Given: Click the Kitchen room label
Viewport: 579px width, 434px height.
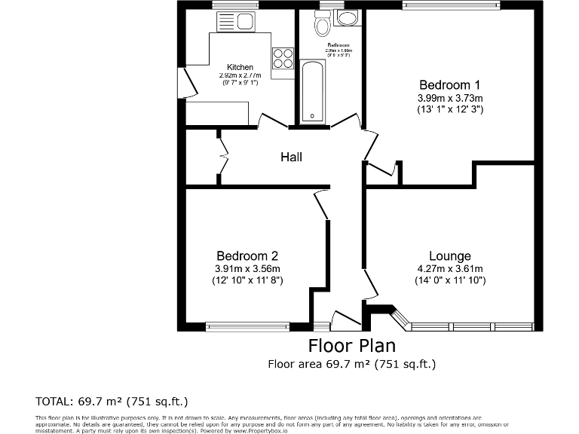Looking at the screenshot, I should point(240,67).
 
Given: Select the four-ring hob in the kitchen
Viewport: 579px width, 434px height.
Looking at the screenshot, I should point(283,58).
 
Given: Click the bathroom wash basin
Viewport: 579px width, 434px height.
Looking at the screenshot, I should point(348,18).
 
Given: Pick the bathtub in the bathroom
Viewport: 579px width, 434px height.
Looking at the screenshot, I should point(312,93).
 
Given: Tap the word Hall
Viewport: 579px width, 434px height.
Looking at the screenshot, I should point(291,157).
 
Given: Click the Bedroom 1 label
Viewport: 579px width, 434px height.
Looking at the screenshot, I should point(450,84).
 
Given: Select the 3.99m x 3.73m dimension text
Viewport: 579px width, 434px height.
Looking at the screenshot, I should point(450,97).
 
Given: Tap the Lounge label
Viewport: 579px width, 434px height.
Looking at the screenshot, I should point(449,256).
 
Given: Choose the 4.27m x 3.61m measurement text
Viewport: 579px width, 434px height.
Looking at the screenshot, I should point(449,269).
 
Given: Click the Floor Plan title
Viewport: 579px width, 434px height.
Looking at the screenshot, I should point(352,346).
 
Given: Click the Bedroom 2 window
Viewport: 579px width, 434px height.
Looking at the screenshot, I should point(247,327).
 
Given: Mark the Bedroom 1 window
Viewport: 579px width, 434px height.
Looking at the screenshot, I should point(451,5).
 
